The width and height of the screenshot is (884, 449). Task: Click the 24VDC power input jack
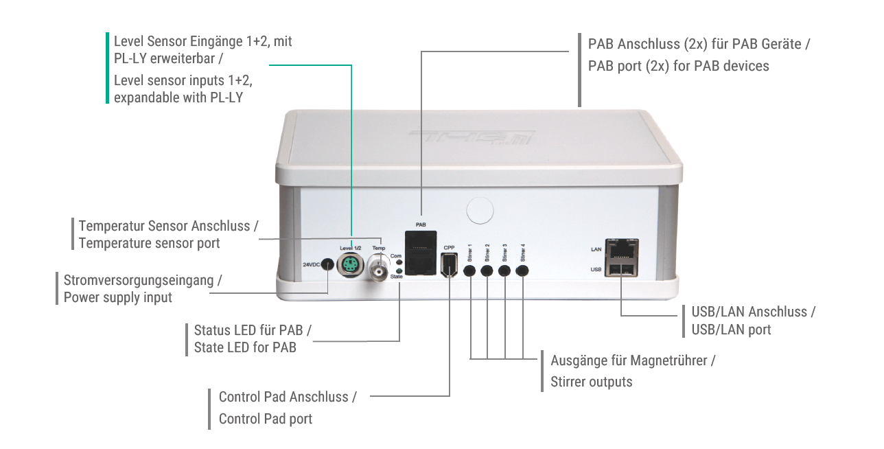pos(328,265)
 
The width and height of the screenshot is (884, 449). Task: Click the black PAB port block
pos(421,253)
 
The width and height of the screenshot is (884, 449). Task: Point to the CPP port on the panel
pos(449,264)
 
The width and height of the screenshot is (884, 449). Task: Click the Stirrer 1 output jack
pos(470,270)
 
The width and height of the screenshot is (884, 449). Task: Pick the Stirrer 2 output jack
pos(487,270)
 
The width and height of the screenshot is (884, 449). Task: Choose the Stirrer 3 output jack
pos(504,270)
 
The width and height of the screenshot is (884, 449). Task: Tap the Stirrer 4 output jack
pos(522,270)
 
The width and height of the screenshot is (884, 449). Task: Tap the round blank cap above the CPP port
pos(480,210)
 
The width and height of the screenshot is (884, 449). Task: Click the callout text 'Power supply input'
pos(118,297)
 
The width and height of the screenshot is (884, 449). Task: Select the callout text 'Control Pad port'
pos(266,418)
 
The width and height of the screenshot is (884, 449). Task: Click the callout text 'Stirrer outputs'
pos(592,382)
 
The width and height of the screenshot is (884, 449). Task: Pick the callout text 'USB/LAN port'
pos(732,330)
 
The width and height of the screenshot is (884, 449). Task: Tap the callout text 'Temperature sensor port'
pos(150,243)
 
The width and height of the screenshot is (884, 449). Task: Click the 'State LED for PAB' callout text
pos(245,347)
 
